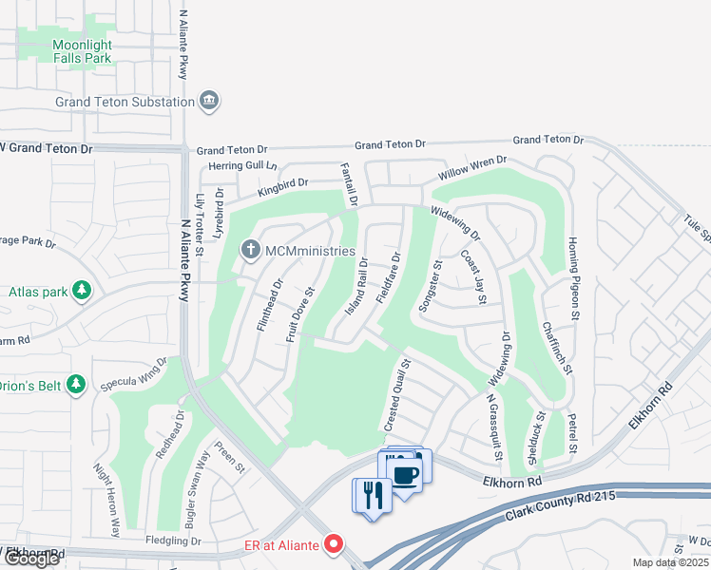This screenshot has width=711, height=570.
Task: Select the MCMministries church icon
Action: [250, 251]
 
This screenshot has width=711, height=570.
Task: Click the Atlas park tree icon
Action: [83, 291]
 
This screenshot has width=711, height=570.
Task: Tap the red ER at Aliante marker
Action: [333, 544]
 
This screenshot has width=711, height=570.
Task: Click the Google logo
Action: [31, 559]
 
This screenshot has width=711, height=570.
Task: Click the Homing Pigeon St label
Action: [573, 277]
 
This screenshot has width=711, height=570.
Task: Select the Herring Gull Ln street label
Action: [243, 165]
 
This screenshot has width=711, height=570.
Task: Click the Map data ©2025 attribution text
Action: [671, 562]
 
